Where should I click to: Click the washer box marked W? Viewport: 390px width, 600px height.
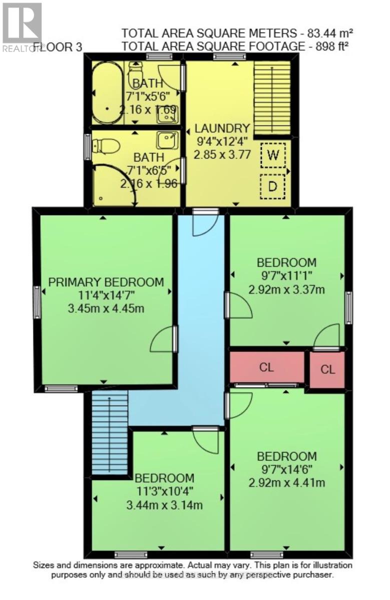click(x=272, y=155)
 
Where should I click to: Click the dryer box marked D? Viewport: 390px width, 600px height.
click(x=272, y=187)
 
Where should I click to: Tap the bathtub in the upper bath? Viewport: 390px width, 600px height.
click(x=106, y=93)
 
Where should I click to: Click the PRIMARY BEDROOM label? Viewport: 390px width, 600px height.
click(x=106, y=282)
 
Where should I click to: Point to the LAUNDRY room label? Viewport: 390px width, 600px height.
click(x=221, y=128)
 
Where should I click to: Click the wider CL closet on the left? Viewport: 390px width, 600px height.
click(x=266, y=367)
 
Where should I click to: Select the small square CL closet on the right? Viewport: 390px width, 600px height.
click(x=327, y=369)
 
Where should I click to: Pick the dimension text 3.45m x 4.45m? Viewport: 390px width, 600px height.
click(x=106, y=308)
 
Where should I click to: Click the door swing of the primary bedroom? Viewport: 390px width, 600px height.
click(x=163, y=342)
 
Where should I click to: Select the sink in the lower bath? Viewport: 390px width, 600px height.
click(x=166, y=139)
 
